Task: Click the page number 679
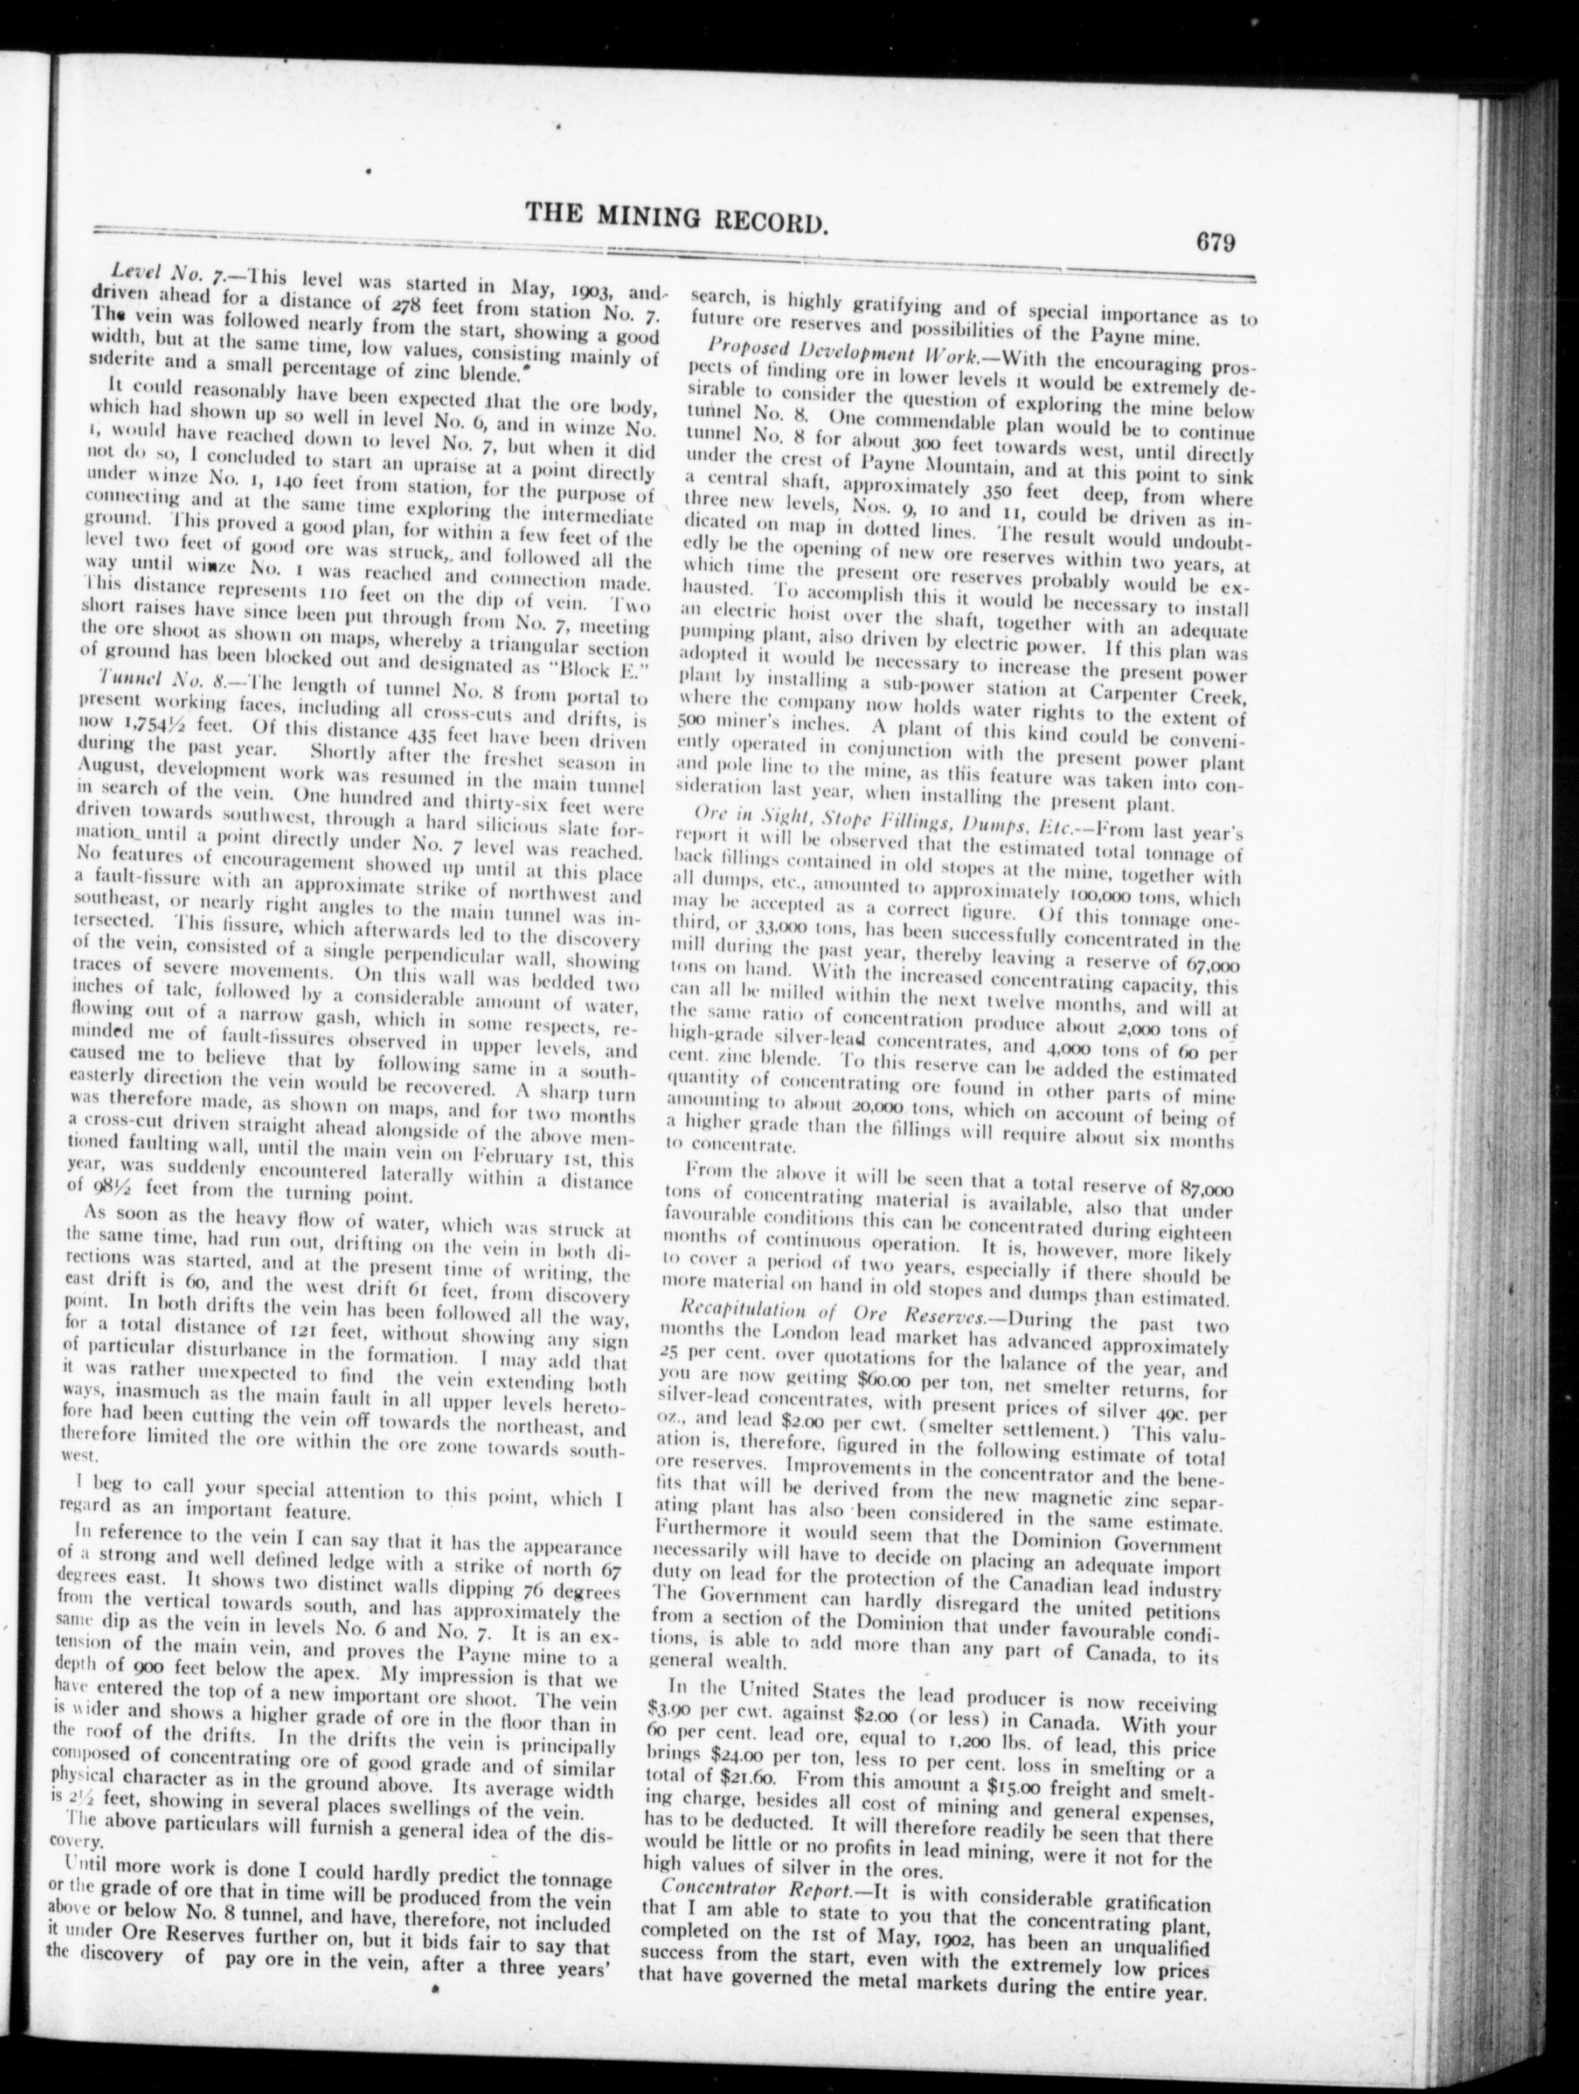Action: [x=1216, y=242]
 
